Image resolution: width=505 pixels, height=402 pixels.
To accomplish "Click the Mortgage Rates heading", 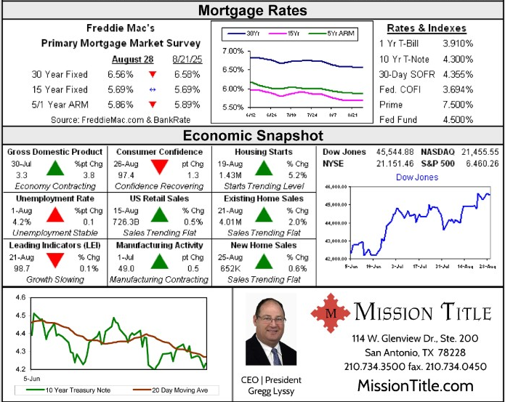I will coord(252,10).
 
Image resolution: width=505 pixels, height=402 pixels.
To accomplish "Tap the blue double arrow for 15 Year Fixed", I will coord(153,89).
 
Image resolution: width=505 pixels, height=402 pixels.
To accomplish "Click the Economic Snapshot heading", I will coord(252,136).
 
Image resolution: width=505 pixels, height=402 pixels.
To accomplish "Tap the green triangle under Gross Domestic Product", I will coord(55,168).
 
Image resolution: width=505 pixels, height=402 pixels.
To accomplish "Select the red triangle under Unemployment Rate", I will coord(55,214).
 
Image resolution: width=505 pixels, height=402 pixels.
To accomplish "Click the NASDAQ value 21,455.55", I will coord(475,151).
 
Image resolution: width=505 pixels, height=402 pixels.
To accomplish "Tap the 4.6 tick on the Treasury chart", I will coord(19,298).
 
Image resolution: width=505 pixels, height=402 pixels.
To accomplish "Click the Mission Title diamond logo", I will coord(330,313).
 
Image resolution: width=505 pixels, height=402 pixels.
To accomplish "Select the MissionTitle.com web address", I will coord(415,385).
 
